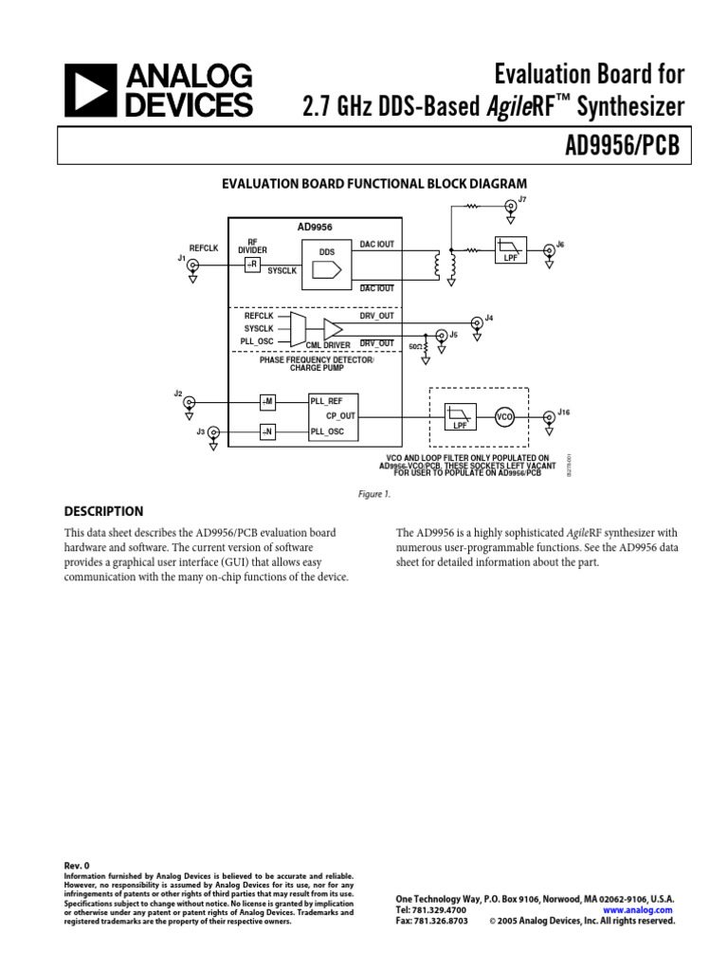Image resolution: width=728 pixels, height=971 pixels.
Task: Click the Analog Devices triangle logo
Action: click(89, 91)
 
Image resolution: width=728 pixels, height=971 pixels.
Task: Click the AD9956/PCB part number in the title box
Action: click(625, 148)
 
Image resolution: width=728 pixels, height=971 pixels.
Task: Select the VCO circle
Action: click(504, 416)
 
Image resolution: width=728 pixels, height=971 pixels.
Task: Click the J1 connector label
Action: click(181, 257)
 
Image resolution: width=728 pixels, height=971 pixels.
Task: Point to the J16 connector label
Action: click(564, 412)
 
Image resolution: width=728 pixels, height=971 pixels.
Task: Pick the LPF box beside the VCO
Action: click(460, 416)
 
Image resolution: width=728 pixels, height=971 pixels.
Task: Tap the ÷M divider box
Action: click(267, 402)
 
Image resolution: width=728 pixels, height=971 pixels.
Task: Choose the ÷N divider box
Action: click(267, 432)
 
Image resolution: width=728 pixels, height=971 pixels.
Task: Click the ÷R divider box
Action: click(252, 264)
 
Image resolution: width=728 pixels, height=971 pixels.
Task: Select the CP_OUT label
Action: click(340, 416)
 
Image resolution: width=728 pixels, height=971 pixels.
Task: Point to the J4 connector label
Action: click(489, 317)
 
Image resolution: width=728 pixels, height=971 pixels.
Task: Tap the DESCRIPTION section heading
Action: click(104, 511)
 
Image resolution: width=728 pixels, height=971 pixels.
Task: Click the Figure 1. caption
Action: click(373, 494)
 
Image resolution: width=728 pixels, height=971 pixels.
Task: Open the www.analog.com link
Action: click(638, 909)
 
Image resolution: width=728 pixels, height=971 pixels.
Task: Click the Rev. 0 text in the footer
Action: click(77, 866)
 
